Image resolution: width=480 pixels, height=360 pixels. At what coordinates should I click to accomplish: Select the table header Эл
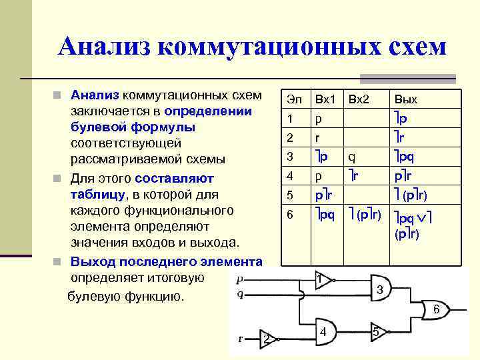293,99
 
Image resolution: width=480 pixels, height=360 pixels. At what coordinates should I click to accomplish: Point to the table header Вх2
358,99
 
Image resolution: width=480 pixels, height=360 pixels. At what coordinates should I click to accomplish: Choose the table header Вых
406,99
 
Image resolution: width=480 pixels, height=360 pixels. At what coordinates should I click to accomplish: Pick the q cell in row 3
351,157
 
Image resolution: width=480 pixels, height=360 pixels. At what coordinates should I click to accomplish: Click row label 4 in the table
290,176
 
